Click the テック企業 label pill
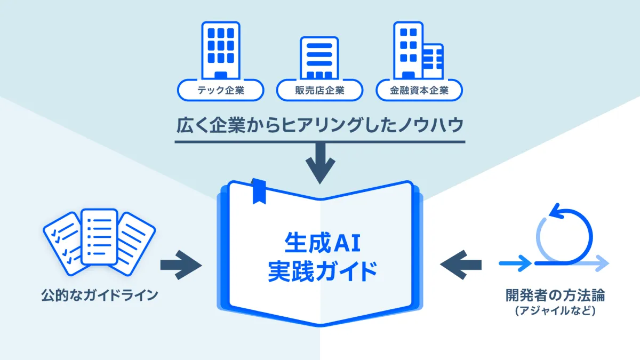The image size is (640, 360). pyautogui.click(x=220, y=90)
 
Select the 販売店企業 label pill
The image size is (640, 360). pyautogui.click(x=319, y=90)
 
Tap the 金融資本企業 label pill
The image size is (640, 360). pyautogui.click(x=419, y=90)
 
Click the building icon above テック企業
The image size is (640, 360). pyautogui.click(x=220, y=50)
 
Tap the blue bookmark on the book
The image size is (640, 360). pyautogui.click(x=259, y=191)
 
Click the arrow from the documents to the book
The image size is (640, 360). pyautogui.click(x=181, y=263)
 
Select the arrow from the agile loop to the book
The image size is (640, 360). pyautogui.click(x=461, y=263)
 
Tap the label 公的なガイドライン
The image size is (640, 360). pyautogui.click(x=100, y=294)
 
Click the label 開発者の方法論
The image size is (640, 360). pyautogui.click(x=555, y=294)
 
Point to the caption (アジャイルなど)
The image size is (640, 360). pyautogui.click(x=555, y=310)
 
